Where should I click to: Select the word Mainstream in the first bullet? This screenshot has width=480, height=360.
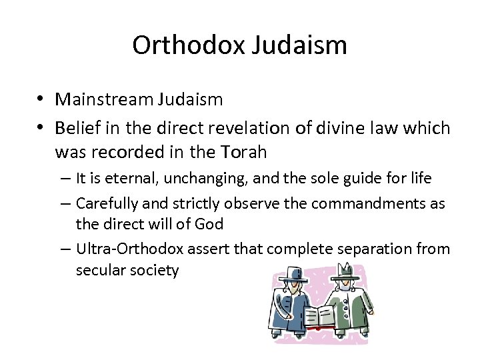click(104, 100)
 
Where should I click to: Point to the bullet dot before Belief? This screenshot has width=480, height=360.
click(41, 127)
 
